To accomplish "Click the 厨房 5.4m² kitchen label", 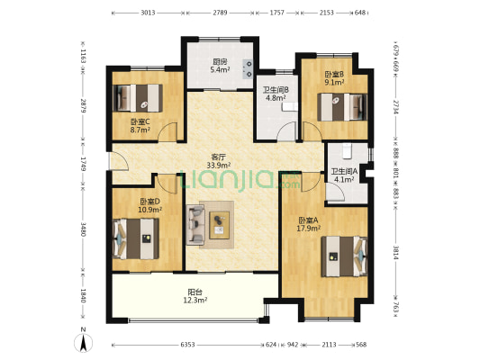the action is coord(220,66).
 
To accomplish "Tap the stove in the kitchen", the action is coord(248,68).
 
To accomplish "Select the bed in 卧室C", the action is coord(138,98).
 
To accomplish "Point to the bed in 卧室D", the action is coord(136,238).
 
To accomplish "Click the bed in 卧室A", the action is coord(344,256).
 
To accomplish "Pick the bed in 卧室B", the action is coord(342,107).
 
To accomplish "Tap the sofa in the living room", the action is coord(195,225).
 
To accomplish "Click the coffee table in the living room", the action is coord(219,225).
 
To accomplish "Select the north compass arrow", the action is coord(83,343).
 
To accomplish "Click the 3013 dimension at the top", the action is coord(149,13).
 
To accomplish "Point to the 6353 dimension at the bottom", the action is coord(187,345).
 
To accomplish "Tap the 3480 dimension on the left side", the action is coord(83,229).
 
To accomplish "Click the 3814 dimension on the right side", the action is coord(396,253).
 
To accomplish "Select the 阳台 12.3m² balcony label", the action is coord(195,296).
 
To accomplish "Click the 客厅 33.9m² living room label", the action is coord(219,161).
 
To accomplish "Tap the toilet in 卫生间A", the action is coord(347,151).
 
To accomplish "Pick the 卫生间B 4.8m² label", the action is coord(276,94).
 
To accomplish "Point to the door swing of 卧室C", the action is coord(168,132).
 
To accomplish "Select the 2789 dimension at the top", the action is coord(220,13).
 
